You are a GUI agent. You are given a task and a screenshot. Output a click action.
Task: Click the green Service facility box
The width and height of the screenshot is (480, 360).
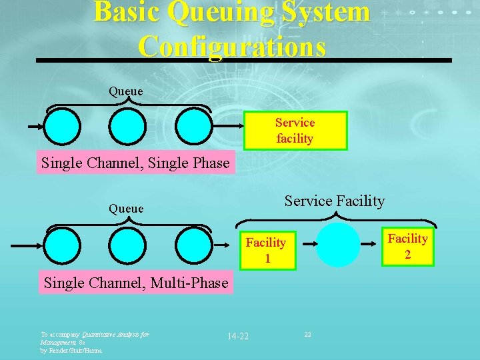pos(295,130)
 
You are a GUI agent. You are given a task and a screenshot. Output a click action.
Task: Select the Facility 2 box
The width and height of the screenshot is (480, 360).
pos(407,246)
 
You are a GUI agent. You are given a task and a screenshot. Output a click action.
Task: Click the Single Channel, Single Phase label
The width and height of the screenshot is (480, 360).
pos(135,162)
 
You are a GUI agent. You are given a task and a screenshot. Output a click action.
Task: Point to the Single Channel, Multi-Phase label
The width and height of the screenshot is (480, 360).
pos(136,283)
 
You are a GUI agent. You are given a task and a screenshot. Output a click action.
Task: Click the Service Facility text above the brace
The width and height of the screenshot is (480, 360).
pos(335,201)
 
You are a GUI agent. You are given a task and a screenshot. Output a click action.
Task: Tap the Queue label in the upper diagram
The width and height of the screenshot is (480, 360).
pos(126,91)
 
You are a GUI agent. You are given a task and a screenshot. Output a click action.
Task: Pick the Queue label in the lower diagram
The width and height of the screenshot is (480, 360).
pos(126,209)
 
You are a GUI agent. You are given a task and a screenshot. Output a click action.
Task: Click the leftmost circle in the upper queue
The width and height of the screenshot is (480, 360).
pos(63,127)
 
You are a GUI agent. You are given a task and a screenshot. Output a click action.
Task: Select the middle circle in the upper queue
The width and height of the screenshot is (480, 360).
pos(128,127)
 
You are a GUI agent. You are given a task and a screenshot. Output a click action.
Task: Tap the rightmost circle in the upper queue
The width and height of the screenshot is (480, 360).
pos(193,127)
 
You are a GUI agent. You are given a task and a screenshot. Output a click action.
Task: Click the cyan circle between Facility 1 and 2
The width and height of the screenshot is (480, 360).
pos(337,245)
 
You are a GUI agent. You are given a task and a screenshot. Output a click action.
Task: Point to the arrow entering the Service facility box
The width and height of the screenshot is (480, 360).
pos(227,127)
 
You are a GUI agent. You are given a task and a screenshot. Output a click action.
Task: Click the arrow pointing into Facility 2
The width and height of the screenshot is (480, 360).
pos(370,245)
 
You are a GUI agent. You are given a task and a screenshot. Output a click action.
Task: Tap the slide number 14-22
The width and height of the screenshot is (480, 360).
pos(237,335)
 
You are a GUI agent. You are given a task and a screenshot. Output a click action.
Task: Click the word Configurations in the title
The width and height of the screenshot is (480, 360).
pos(233,47)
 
